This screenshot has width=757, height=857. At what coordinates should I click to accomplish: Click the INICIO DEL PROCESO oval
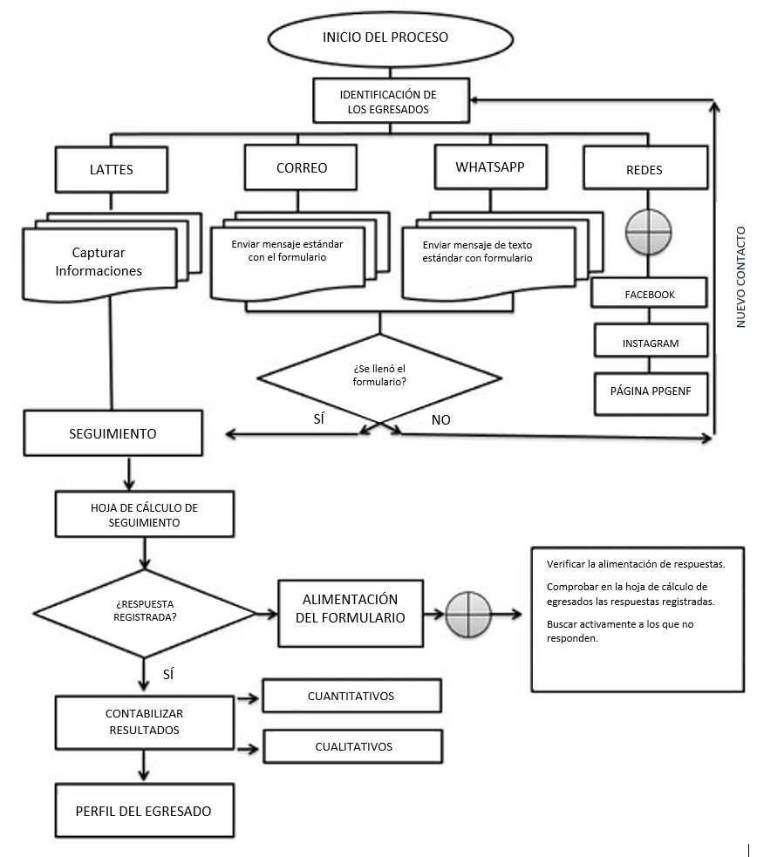pos(385,37)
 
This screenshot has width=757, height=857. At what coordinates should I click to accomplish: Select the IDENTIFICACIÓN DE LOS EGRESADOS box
pos(388,101)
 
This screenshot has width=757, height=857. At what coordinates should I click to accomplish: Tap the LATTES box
pos(112,169)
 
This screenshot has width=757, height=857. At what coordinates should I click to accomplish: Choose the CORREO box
pos(302,167)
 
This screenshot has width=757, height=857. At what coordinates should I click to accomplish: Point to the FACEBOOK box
pos(650,294)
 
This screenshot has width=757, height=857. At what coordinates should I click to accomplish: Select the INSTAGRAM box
pos(650,342)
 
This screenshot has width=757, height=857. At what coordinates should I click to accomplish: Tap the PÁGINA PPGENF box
pos(650,391)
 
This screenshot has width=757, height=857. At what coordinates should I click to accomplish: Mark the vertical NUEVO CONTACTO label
pos(741,277)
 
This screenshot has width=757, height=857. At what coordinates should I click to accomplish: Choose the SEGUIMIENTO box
pos(113,433)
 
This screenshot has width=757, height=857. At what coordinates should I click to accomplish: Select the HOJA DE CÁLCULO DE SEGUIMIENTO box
pos(144,515)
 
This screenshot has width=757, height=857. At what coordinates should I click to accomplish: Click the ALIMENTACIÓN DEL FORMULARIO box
pos(350,609)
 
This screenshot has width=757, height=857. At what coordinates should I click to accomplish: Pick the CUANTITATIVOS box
pos(351,697)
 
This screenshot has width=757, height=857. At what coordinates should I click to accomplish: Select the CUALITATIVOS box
pos(353,746)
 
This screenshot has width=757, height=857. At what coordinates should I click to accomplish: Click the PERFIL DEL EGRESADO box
pos(145,811)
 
